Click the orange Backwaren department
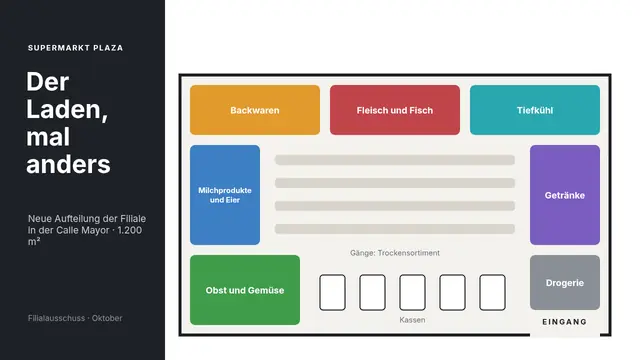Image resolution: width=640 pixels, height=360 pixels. tap(255, 110)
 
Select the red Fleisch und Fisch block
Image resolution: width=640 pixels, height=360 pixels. tap(395, 110)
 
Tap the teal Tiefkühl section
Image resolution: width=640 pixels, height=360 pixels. tap(535, 110)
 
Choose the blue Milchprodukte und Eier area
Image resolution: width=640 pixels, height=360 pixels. tap(225, 195)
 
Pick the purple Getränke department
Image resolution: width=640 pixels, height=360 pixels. tap(565, 195)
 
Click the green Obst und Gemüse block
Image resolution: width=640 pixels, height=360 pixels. tap(245, 290)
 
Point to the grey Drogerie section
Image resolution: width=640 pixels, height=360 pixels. tap(565, 282)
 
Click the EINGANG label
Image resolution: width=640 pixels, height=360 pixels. tap(564, 322)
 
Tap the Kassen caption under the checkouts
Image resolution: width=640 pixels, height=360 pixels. tap(412, 320)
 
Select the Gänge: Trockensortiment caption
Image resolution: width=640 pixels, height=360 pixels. tap(395, 253)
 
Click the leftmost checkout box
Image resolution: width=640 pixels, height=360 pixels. tap(332, 292)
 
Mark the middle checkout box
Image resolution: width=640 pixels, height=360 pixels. tap(412, 292)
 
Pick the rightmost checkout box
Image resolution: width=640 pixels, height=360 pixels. tap(492, 292)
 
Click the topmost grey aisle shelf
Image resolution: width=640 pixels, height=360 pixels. tap(395, 160)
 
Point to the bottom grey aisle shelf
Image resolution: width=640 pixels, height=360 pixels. tap(395, 229)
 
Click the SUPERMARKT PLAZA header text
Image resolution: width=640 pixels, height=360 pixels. tap(75, 48)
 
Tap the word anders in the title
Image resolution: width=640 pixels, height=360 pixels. tap(68, 164)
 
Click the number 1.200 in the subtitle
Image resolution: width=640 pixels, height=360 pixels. tap(130, 230)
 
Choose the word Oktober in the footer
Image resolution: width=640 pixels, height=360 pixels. tap(107, 318)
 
